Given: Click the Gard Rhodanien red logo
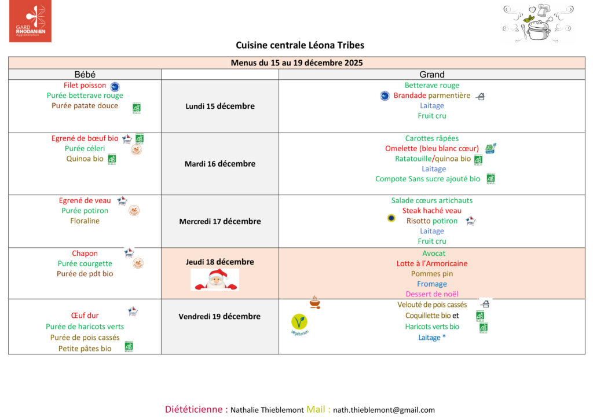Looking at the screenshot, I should click(30, 21).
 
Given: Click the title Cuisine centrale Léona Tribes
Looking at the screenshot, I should click(300, 45).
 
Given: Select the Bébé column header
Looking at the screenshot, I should click(85, 75).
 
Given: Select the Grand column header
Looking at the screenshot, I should click(431, 75).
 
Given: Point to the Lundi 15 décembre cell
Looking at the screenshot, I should click(220, 106).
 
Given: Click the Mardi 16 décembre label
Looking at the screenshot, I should click(220, 164).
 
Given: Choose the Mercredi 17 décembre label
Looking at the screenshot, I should click(220, 221).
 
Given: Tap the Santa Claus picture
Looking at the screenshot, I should click(215, 279).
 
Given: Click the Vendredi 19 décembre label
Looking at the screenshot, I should click(219, 316).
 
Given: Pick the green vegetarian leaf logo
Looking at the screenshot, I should click(299, 322).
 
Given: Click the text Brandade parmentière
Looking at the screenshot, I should click(432, 96).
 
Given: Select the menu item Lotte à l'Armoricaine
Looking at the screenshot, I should click(432, 263).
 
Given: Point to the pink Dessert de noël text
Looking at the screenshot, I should click(432, 294).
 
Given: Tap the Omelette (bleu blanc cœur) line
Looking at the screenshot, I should click(432, 148).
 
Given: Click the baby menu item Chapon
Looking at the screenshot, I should click(85, 253).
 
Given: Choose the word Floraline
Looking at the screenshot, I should click(85, 221).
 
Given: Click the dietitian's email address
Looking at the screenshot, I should click(384, 410).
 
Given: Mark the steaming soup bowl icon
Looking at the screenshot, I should click(314, 302).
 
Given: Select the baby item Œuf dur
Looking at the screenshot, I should click(85, 316).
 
